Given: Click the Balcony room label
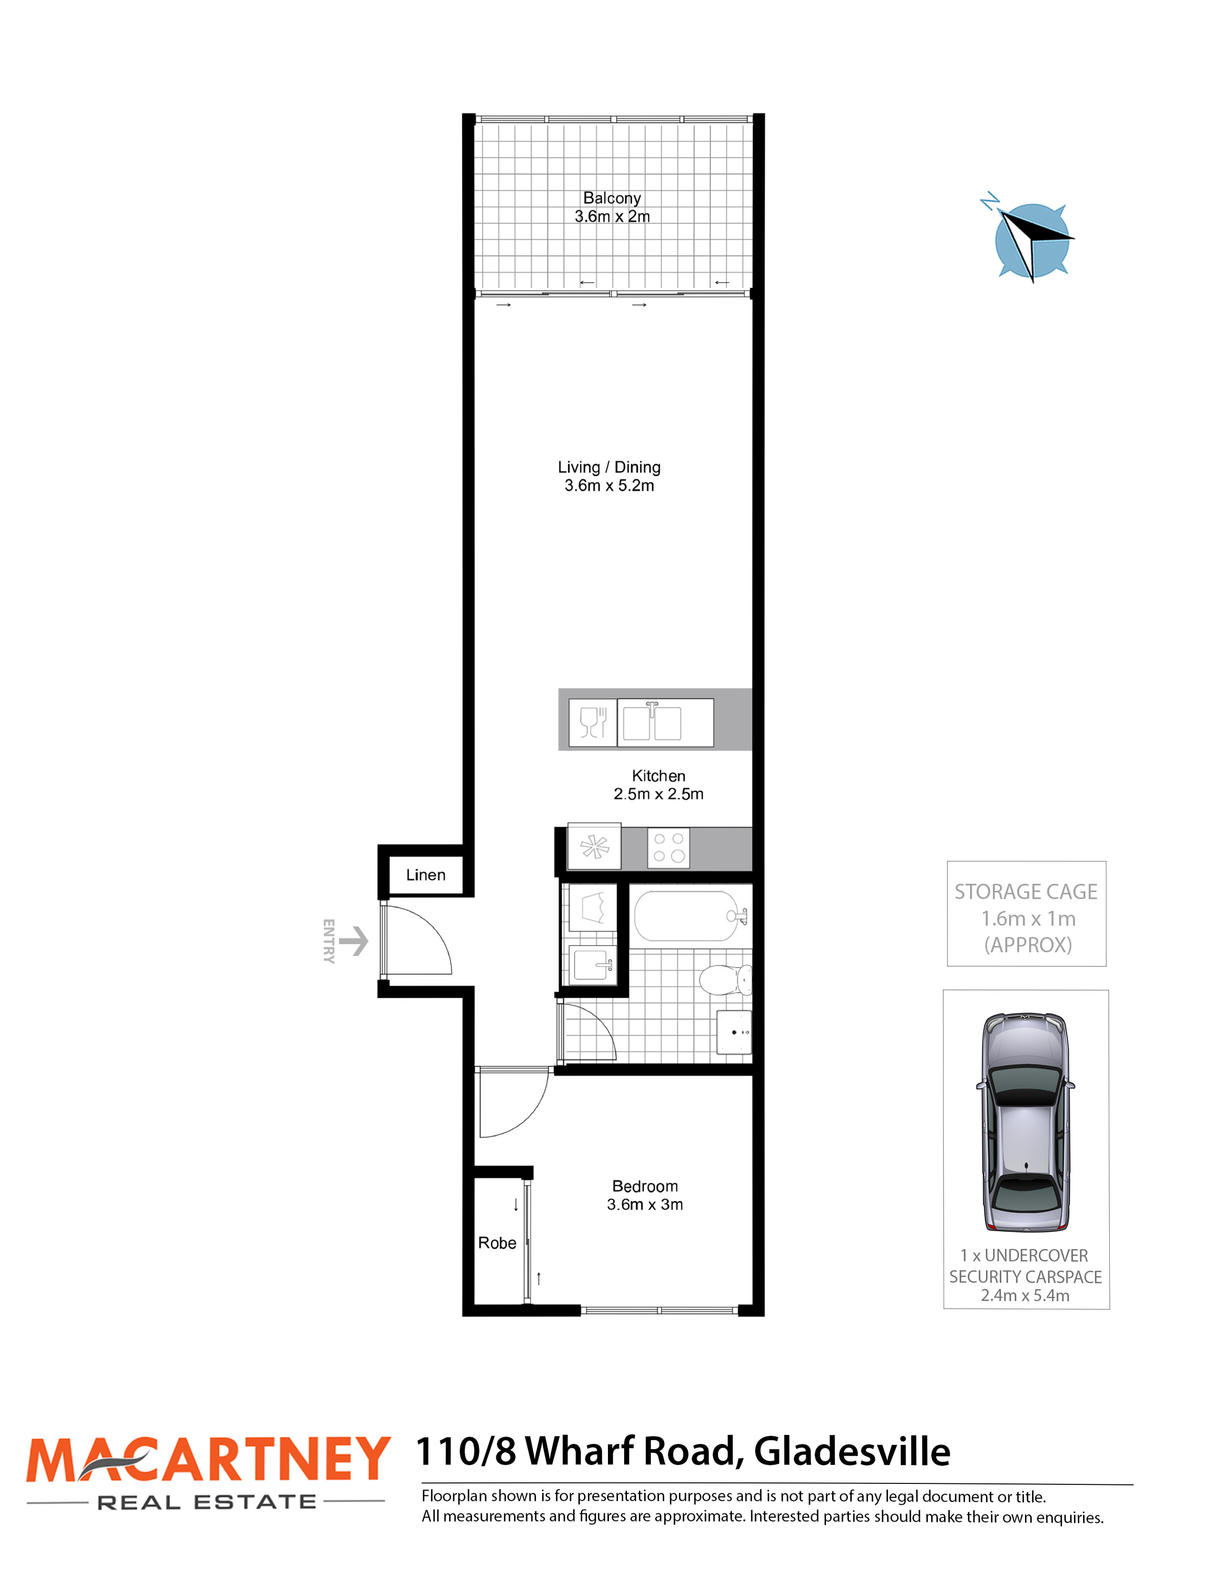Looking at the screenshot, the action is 612,198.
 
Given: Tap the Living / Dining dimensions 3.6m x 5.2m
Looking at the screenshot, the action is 609,485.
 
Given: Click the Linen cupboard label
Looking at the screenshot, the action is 426,875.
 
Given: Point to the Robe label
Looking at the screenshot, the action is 497,1243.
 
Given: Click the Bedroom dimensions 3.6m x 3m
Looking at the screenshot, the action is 645,1204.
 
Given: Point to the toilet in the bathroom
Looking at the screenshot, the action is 726,979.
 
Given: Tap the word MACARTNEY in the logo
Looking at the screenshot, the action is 209,1459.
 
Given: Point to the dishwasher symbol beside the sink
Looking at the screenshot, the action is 593,723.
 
